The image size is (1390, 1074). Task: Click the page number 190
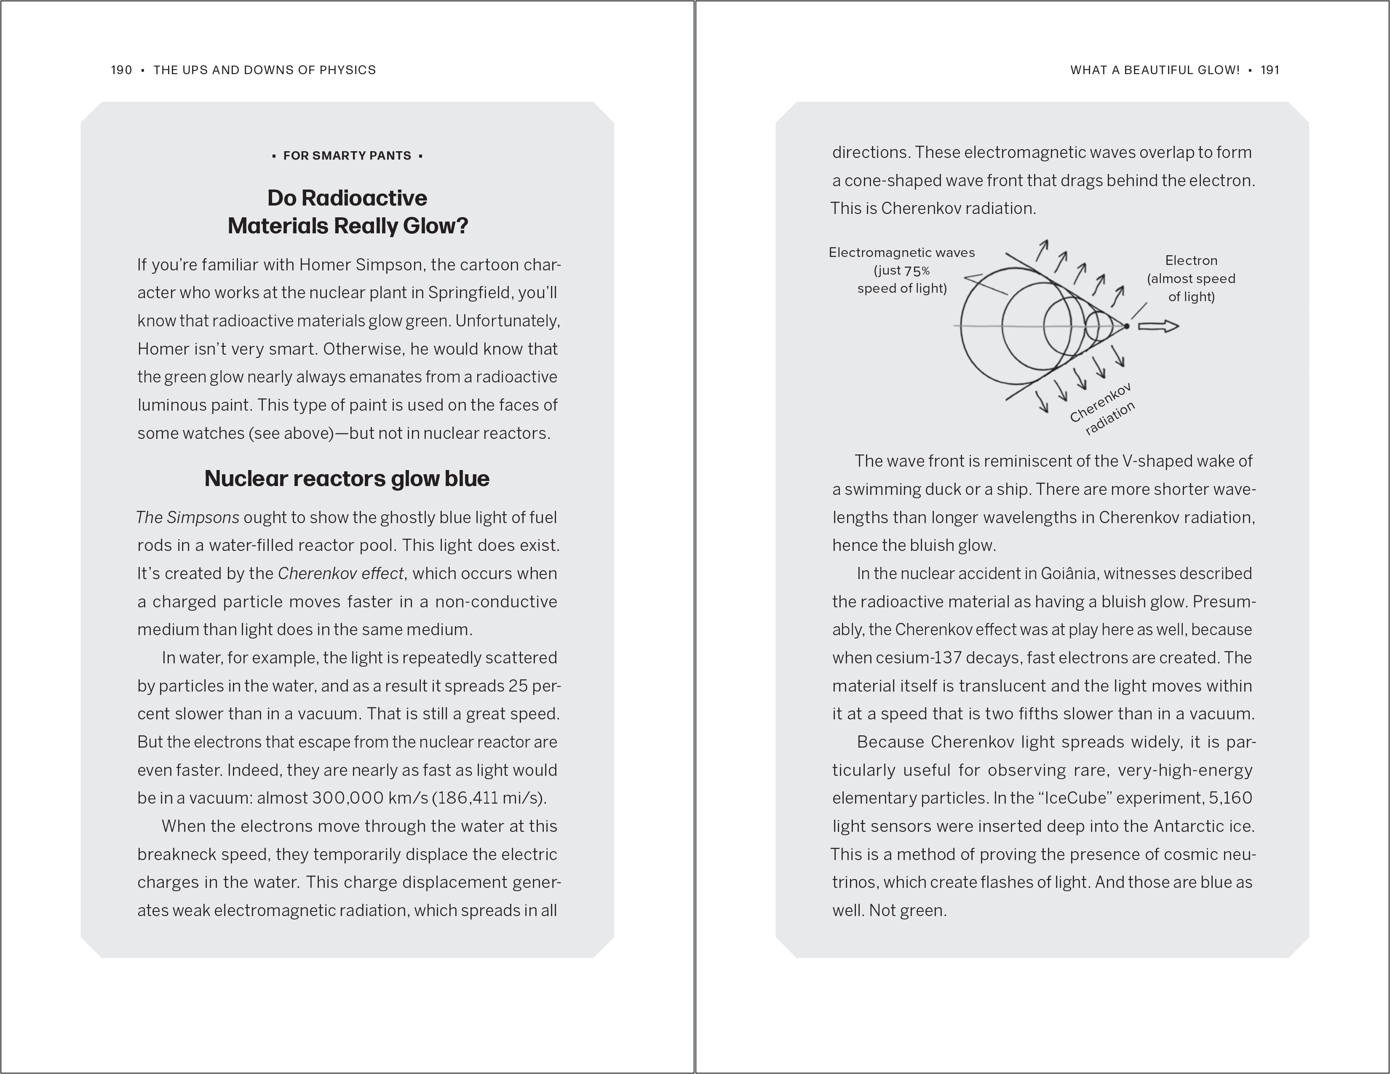[121, 70]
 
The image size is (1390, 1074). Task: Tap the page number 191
[1269, 70]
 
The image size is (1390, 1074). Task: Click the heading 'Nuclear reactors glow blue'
[347, 478]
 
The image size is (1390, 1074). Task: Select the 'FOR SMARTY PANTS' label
[347, 156]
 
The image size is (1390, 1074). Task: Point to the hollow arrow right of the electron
[1158, 326]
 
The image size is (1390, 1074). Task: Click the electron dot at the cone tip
[1126, 326]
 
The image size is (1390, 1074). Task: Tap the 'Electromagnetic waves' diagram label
[901, 253]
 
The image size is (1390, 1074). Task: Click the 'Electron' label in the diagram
[1191, 261]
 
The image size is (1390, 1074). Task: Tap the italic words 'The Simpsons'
[188, 517]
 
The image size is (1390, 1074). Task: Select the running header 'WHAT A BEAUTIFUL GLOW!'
[1155, 70]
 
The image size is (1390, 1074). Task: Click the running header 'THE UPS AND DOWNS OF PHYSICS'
[265, 70]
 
